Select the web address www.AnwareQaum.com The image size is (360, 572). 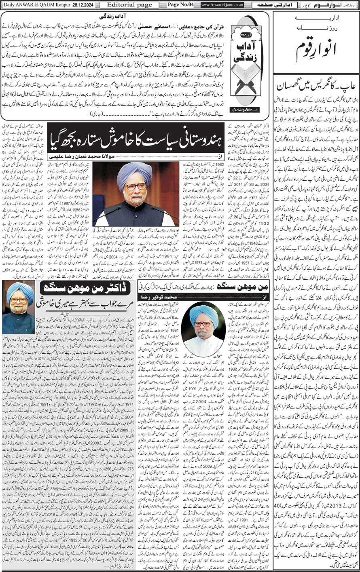(x=222, y=5)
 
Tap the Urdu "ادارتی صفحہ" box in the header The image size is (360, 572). (x=271, y=5)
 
